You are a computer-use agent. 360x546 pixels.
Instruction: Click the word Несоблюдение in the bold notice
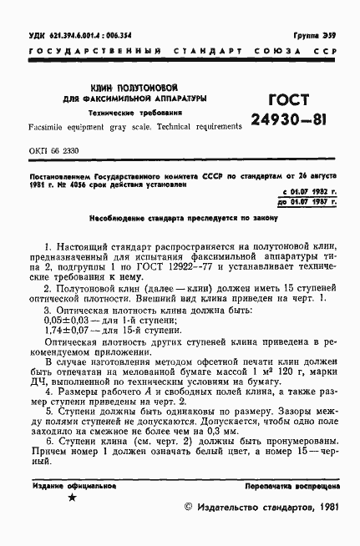119,219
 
